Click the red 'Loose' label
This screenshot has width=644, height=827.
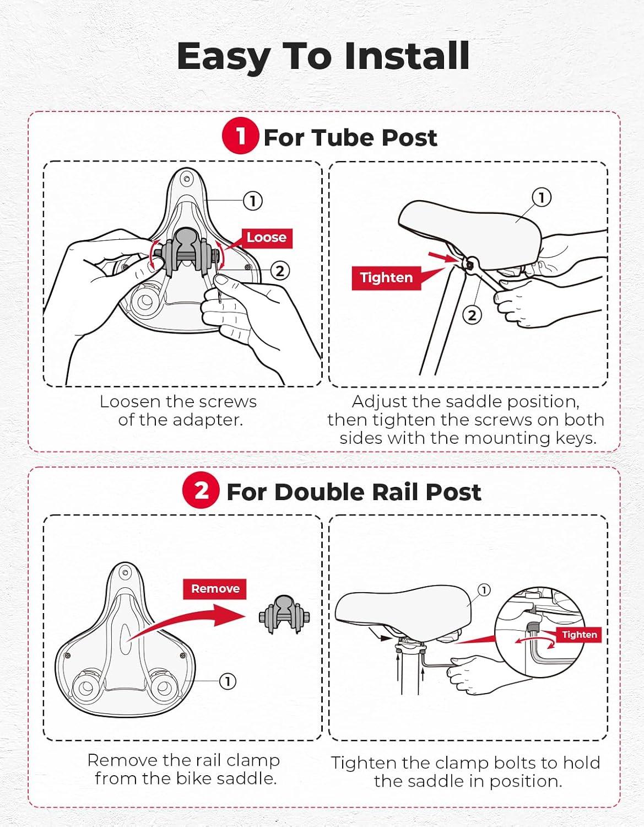(267, 238)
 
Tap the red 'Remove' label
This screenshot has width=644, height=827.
(215, 589)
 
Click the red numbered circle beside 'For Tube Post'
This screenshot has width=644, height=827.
(240, 136)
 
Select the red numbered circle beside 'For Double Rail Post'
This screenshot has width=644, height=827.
(201, 490)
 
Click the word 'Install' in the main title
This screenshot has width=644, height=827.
(407, 56)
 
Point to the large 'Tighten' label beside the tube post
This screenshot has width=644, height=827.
(386, 278)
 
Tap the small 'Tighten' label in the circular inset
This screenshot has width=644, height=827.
(580, 635)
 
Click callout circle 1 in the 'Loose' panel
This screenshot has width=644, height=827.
(253, 201)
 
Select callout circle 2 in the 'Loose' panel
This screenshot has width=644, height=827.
(280, 271)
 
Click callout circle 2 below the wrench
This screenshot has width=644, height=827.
(472, 315)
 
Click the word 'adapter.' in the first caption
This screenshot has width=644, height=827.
(208, 420)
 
